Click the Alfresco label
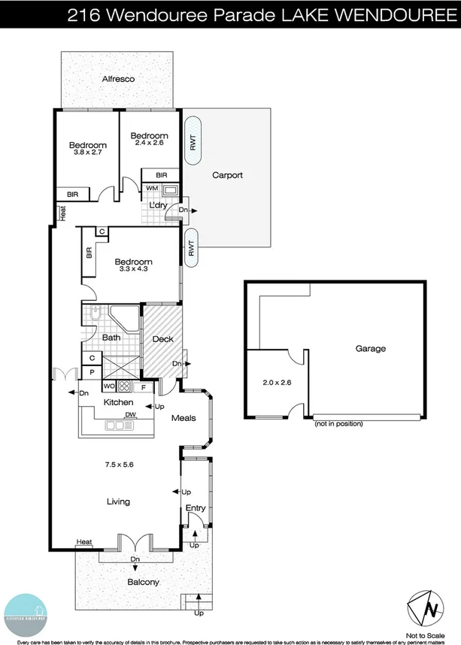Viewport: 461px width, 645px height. click(117, 78)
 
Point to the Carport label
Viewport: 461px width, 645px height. click(227, 176)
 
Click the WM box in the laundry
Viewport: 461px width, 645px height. click(152, 188)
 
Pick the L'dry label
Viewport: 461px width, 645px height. click(158, 204)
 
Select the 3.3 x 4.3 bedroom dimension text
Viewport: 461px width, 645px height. click(133, 271)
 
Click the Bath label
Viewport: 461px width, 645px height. click(111, 338)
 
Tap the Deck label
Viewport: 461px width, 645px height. click(162, 339)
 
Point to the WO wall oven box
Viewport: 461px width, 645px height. click(108, 387)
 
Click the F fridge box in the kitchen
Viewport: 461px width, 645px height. click(144, 387)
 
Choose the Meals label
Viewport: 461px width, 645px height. click(184, 418)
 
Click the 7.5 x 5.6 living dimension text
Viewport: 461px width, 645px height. click(119, 465)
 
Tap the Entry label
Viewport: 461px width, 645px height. click(196, 509)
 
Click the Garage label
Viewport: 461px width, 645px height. click(371, 349)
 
